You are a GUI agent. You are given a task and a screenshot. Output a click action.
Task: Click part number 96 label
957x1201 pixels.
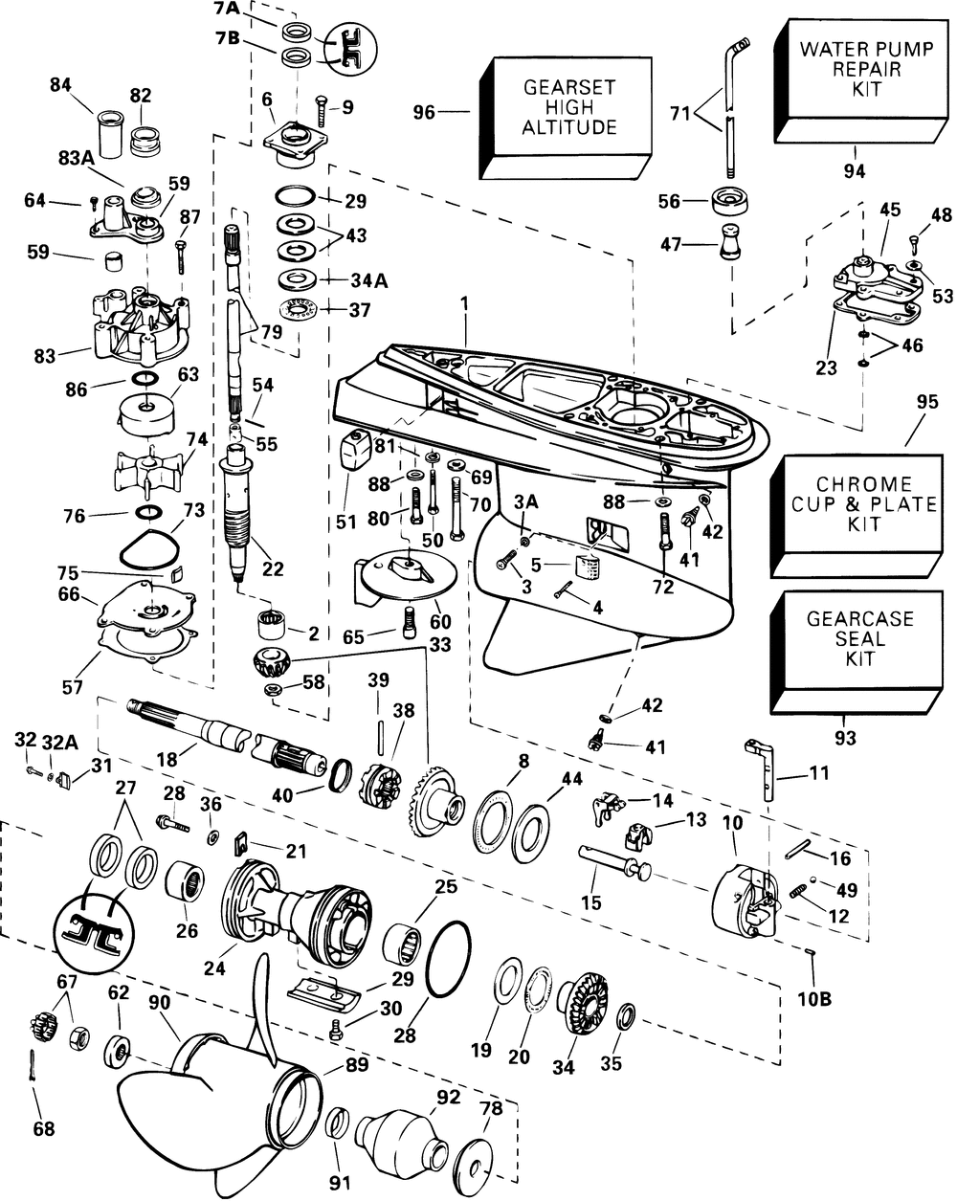pos(423,113)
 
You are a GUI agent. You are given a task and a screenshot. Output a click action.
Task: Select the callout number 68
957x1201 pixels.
pos(43,1129)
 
